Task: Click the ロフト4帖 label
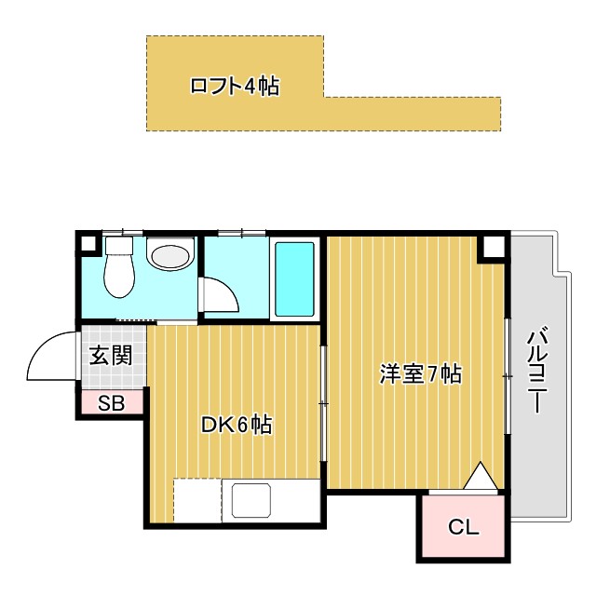pos(234,87)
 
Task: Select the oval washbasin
pos(169,256)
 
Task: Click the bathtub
pos(295,278)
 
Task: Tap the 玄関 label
pos(111,355)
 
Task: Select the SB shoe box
pos(111,403)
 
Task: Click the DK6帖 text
pos(237,425)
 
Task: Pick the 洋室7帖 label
pos(420,374)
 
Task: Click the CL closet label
pos(463,528)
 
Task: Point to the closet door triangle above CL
pos(479,477)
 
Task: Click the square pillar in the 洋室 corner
pos(491,248)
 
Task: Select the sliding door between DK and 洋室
pos(323,403)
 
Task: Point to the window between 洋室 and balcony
pos(508,375)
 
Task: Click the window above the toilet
pos(122,231)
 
